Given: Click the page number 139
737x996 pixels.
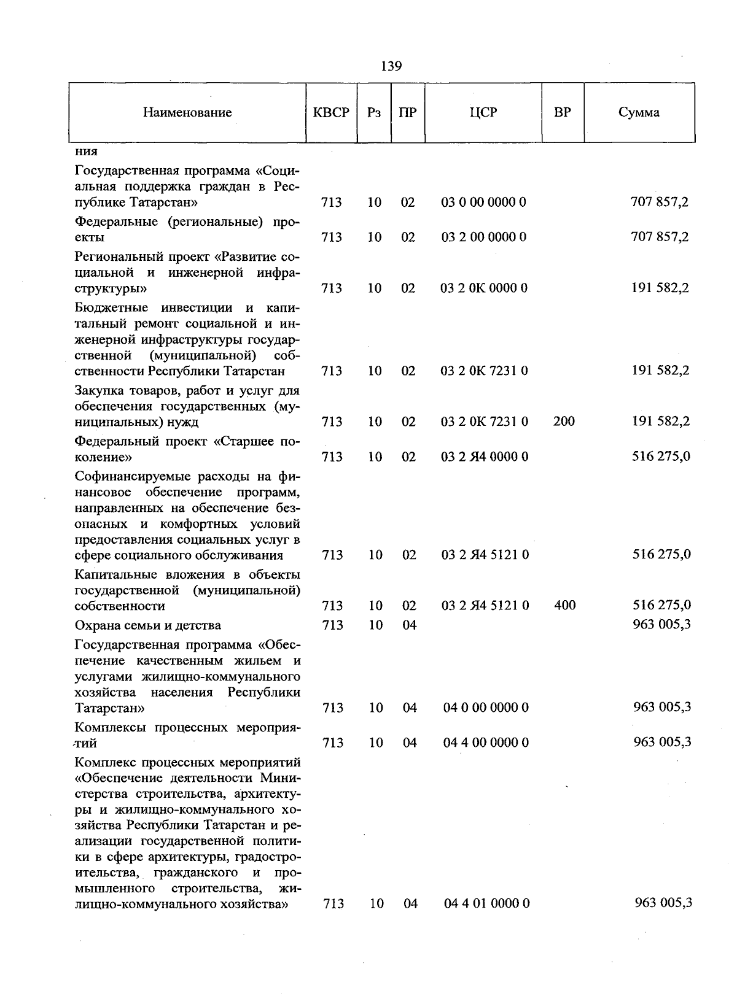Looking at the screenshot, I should [391, 66].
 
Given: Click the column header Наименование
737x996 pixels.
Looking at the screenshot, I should [187, 112].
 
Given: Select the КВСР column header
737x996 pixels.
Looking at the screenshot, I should [331, 112].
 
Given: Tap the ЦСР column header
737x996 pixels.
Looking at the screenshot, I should [483, 112].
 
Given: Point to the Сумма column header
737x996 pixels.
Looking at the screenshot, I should [639, 112].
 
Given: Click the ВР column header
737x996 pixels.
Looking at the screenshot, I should [563, 112].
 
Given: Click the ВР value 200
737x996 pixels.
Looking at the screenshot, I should [564, 421].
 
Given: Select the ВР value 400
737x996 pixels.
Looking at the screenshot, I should [564, 605].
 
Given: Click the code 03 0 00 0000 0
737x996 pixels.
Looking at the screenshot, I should [483, 202].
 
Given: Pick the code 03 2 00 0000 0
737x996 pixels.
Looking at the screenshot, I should [483, 237].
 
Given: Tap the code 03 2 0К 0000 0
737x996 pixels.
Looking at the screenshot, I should [483, 288].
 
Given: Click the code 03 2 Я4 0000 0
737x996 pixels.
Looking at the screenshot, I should [484, 457].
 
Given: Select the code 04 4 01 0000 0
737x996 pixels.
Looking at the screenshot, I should [486, 903].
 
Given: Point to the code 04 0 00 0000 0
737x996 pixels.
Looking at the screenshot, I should [486, 708].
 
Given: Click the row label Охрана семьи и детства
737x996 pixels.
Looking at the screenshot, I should [147, 625].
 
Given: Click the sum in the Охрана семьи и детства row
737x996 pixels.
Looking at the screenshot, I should [662, 624].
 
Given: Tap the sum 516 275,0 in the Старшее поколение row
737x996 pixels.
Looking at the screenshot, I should [661, 456].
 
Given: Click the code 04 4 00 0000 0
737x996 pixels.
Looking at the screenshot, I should [486, 743].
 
